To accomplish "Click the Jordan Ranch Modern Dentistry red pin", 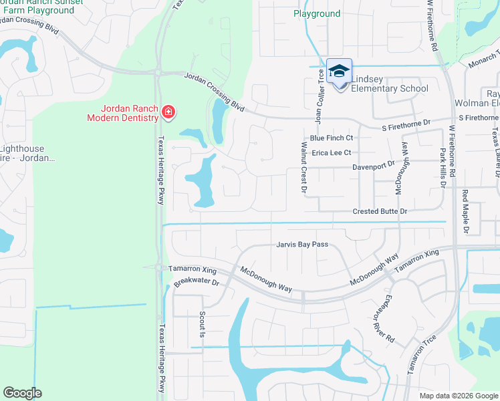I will (x=168, y=111).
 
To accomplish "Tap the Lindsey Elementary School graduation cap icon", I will (x=339, y=72).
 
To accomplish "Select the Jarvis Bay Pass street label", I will (x=302, y=245).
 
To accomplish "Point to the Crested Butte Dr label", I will (x=380, y=211).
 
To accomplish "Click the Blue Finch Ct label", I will (x=331, y=138).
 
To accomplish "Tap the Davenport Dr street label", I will (x=374, y=164).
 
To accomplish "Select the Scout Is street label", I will (x=201, y=324).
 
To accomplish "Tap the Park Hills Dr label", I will (x=442, y=166).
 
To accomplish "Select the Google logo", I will (x=22, y=393).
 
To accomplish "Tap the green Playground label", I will (x=318, y=13).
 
